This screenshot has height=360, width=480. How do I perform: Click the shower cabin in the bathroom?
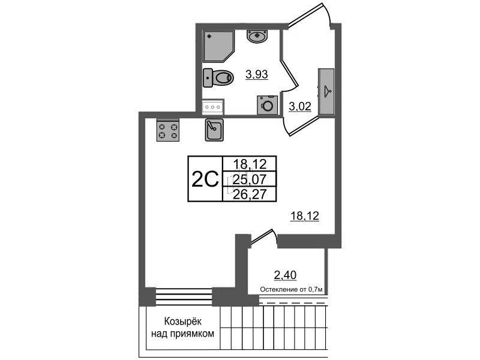(218, 44)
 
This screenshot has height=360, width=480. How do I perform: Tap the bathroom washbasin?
(258, 35)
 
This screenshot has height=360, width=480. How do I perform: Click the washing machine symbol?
(268, 105)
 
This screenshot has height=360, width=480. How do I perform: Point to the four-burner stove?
(168, 130)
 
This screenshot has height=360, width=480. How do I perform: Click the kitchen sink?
(215, 129)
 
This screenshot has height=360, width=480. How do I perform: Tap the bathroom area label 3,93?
(256, 75)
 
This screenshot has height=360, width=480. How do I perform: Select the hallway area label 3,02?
(300, 107)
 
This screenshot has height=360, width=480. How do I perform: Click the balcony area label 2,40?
(285, 276)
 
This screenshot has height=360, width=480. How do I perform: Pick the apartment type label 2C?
(204, 179)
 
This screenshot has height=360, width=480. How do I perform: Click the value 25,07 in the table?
(248, 179)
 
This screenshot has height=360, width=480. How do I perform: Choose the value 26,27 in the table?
(248, 194)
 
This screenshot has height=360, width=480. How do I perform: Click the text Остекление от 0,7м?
(291, 289)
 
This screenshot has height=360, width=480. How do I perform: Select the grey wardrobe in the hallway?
(326, 91)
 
